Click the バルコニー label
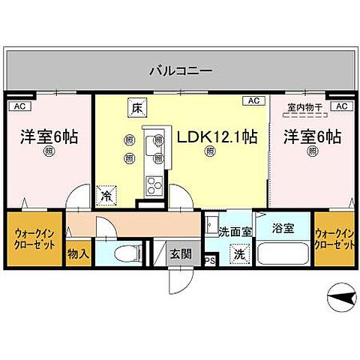pos(179,72)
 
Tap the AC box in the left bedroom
pos(17,106)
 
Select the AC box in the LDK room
pos(252,100)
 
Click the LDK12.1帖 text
pos(217,137)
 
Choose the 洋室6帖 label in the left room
pos(49,137)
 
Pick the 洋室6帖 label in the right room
pos(312,137)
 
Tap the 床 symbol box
pos(136,107)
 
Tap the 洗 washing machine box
pos(238,254)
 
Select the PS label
pos(210,261)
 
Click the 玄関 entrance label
pos(178,253)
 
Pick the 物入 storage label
pos(78,254)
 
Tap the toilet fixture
pos(124,253)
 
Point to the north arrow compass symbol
pos(342,298)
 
